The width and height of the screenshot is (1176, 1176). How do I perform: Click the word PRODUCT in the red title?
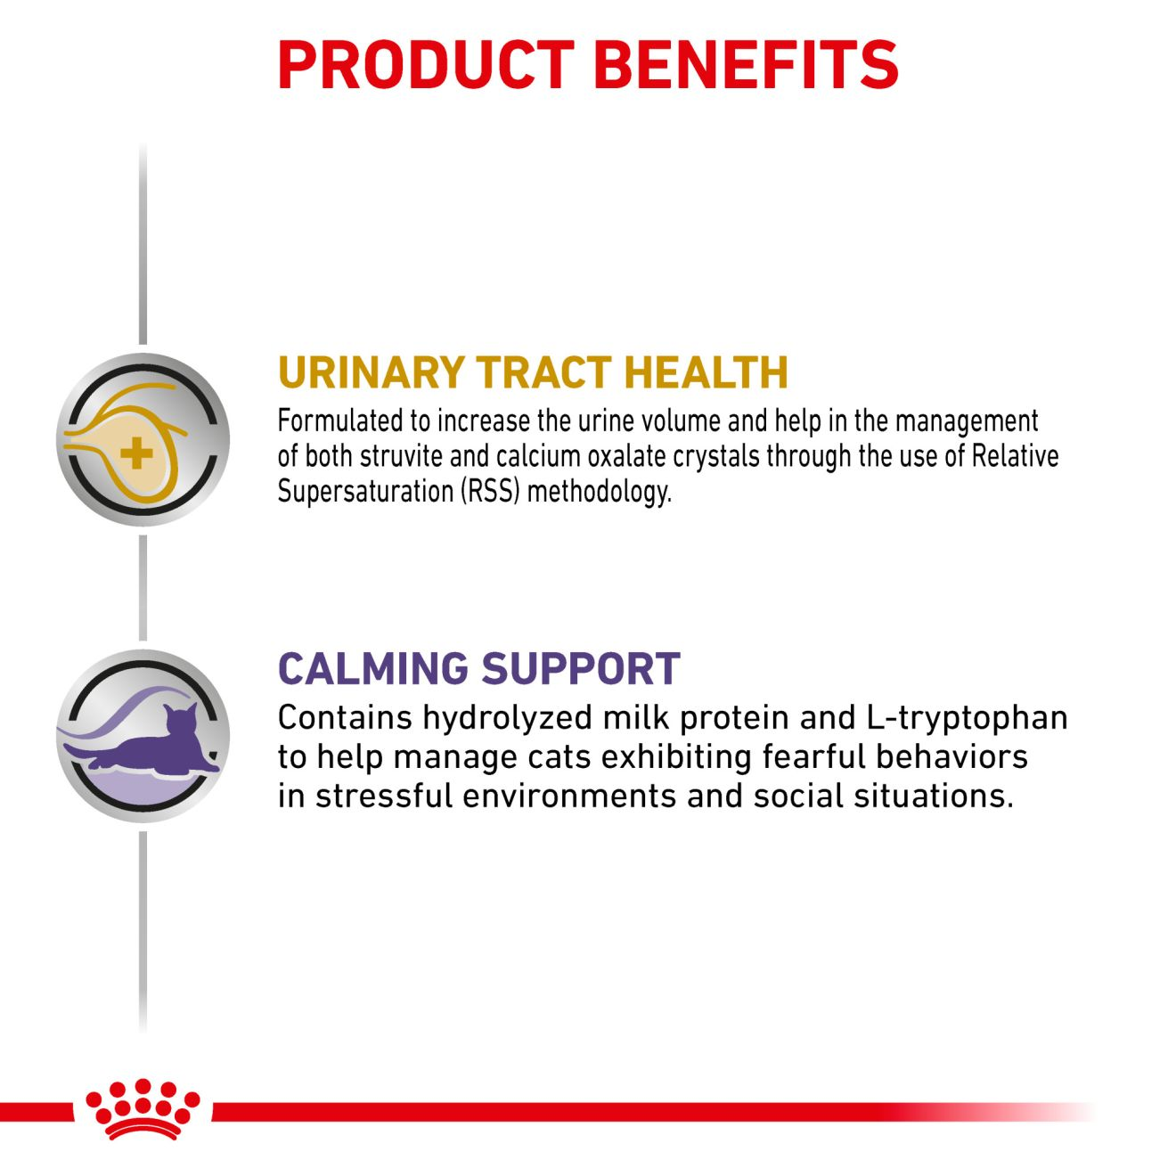pos(425,65)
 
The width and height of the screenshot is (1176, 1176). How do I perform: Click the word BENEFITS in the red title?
pos(746,65)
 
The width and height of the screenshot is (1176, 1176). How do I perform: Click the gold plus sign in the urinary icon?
pos(136,453)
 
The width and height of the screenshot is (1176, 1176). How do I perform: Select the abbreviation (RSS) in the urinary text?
pos(490,491)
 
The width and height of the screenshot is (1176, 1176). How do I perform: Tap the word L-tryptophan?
pos(968,719)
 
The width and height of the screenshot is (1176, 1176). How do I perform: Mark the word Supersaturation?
pos(365,493)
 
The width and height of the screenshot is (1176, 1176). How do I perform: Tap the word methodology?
pos(600,493)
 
